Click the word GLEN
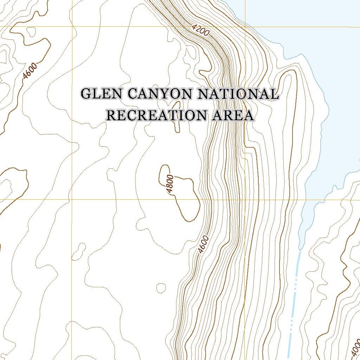[x=102, y=94]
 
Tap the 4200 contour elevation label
[x=201, y=31]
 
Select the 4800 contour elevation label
[x=170, y=184]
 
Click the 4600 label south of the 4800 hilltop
[x=203, y=244]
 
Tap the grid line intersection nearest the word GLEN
[x=72, y=26]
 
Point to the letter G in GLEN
[x=86, y=94]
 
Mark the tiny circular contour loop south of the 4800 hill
[x=161, y=288]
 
